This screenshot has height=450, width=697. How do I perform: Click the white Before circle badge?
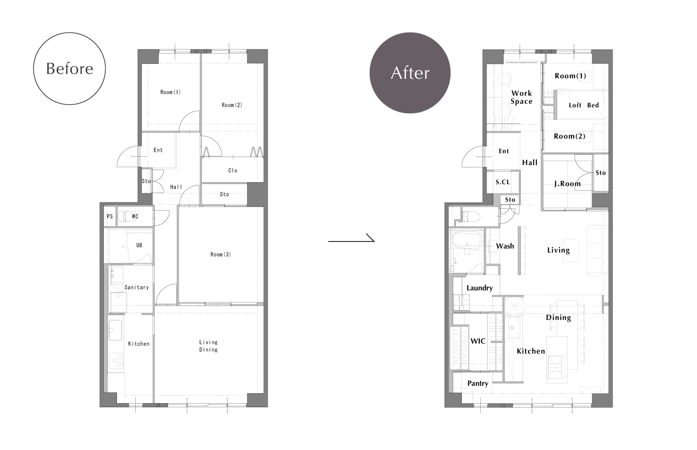click(x=69, y=68)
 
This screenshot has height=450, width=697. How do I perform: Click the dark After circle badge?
click(x=410, y=73)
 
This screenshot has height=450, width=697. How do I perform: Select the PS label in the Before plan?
click(x=110, y=216)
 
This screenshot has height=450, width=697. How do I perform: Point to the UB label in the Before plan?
click(x=139, y=245)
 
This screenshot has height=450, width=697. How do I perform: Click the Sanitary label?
click(x=137, y=287)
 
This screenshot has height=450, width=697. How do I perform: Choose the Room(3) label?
click(x=221, y=254)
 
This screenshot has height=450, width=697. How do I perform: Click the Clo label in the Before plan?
click(x=233, y=171)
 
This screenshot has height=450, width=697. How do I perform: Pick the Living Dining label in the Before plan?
click(x=209, y=346)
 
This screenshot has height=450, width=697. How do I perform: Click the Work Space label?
click(x=522, y=97)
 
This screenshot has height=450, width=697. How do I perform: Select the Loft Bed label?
click(x=584, y=105)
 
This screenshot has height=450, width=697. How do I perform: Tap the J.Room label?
click(x=567, y=184)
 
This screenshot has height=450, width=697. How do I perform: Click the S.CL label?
click(x=503, y=182)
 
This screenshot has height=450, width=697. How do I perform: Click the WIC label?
click(x=478, y=341)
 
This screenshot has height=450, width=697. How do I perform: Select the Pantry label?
click(x=478, y=383)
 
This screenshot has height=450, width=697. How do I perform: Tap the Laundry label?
click(x=479, y=288)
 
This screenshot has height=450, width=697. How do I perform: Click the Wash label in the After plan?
click(x=505, y=246)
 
